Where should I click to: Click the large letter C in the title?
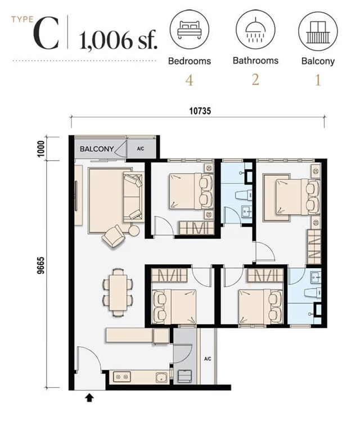(x=46, y=33)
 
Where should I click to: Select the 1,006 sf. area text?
(x=118, y=41)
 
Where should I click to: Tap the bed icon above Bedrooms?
(x=190, y=30)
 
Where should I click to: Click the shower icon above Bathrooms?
(x=255, y=30)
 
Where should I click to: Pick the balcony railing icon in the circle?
(x=318, y=31)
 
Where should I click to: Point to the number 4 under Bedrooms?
(x=189, y=80)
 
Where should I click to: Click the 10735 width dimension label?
(x=200, y=111)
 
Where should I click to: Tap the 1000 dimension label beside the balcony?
(x=41, y=148)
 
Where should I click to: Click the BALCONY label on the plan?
(x=97, y=149)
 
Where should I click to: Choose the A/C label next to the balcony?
(x=141, y=149)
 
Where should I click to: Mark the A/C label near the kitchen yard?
(x=208, y=359)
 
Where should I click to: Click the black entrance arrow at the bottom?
(x=89, y=398)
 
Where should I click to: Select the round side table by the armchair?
(x=134, y=230)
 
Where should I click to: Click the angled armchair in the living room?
(x=114, y=236)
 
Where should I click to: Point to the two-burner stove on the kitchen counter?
(x=122, y=377)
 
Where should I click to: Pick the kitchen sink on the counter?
(x=161, y=377)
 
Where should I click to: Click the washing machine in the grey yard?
(x=184, y=377)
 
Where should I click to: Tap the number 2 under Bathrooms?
(x=255, y=80)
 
